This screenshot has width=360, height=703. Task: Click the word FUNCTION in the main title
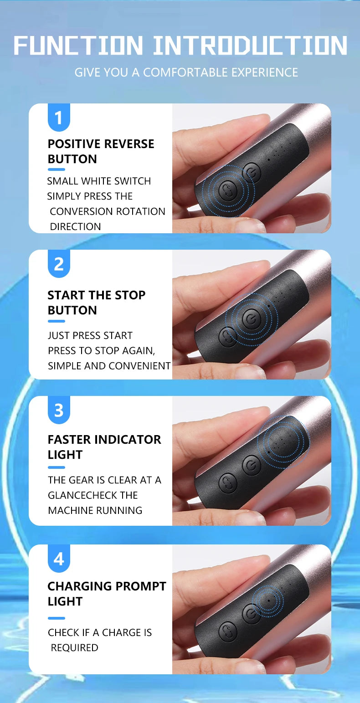[78, 46]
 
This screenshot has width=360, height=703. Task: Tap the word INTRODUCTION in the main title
[249, 46]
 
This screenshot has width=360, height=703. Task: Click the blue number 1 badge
[59, 118]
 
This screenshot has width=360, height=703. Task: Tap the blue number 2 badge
[59, 264]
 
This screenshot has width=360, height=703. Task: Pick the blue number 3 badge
[59, 410]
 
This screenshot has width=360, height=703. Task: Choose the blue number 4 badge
[59, 559]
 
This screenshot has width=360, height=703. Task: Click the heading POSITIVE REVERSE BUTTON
[101, 151]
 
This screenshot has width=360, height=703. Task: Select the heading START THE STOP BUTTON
[96, 303]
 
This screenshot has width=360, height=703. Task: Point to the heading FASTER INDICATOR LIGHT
[104, 447]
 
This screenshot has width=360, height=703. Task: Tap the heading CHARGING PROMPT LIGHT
[107, 594]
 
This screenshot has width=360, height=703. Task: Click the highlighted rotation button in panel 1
[227, 190]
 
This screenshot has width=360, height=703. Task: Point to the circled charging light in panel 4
[269, 600]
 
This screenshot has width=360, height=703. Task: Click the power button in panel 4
[251, 613]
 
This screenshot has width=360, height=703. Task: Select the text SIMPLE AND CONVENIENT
[109, 366]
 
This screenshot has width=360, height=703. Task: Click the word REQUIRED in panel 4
[74, 647]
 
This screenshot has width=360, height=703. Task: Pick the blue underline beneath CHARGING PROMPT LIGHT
[57, 618]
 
